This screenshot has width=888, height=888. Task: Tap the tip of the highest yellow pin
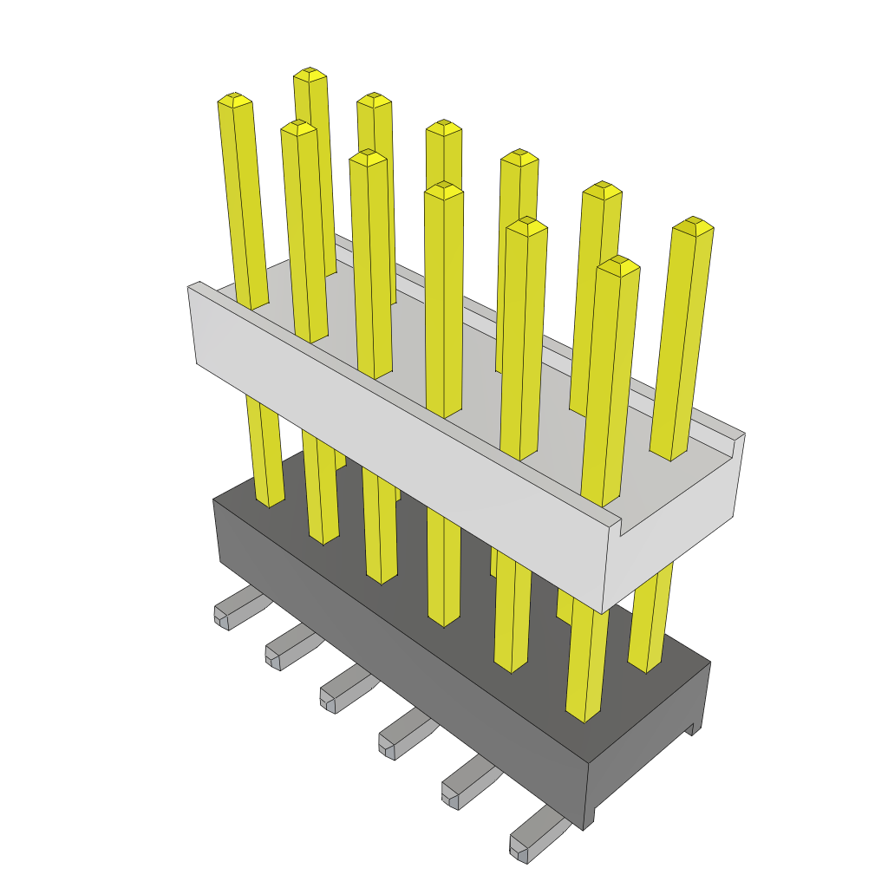click(310, 74)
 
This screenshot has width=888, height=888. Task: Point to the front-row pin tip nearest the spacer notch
click(618, 264)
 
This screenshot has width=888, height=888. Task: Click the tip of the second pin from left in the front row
click(298, 127)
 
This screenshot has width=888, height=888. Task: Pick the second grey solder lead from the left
click(287, 650)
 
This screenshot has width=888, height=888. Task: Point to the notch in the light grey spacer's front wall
click(621, 523)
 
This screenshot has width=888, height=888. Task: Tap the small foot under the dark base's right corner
click(694, 728)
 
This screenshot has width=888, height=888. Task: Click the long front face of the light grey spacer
click(399, 442)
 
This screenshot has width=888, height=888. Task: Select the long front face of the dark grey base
click(399, 642)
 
